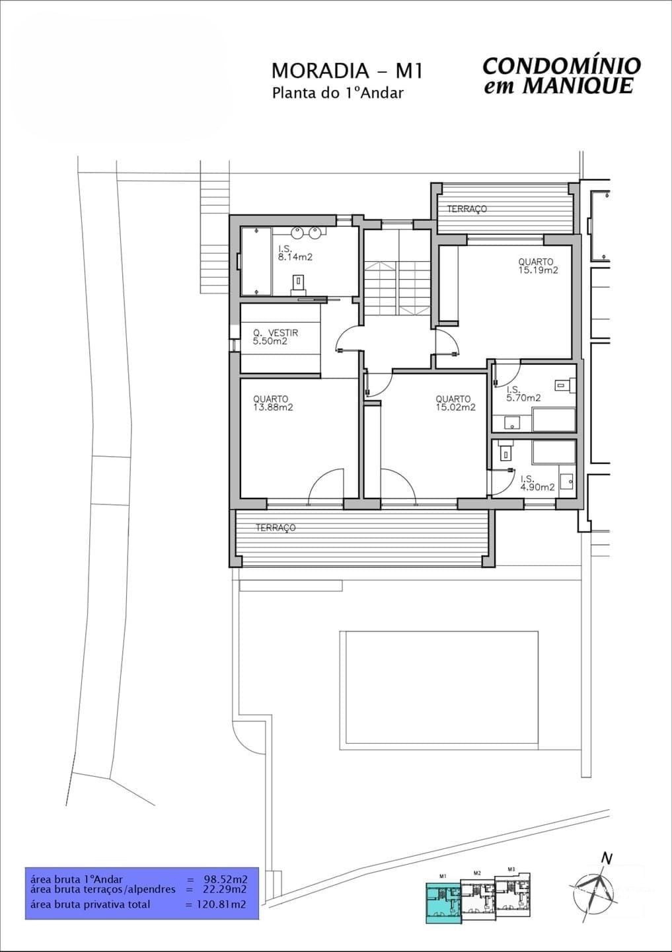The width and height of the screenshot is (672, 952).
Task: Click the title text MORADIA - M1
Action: click(x=346, y=70)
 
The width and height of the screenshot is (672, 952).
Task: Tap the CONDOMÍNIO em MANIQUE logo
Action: click(x=561, y=75)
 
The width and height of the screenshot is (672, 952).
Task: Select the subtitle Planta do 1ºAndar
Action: click(x=337, y=93)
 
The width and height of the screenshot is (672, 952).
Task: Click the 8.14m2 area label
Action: click(x=295, y=257)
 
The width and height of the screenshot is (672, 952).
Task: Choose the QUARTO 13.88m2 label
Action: click(x=272, y=403)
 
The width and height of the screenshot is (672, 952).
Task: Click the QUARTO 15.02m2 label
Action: click(x=455, y=403)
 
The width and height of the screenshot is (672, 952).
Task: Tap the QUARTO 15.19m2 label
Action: click(x=537, y=266)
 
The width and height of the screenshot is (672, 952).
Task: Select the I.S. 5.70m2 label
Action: click(x=523, y=394)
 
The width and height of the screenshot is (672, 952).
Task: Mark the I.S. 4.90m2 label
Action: click(x=537, y=483)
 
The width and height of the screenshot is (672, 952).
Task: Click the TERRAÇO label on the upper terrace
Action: click(x=467, y=209)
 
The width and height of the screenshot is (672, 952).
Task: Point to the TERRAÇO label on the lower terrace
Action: click(x=276, y=528)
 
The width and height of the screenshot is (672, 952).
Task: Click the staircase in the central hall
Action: click(x=396, y=288)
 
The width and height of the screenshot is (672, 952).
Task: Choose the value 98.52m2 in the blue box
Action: click(x=225, y=879)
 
